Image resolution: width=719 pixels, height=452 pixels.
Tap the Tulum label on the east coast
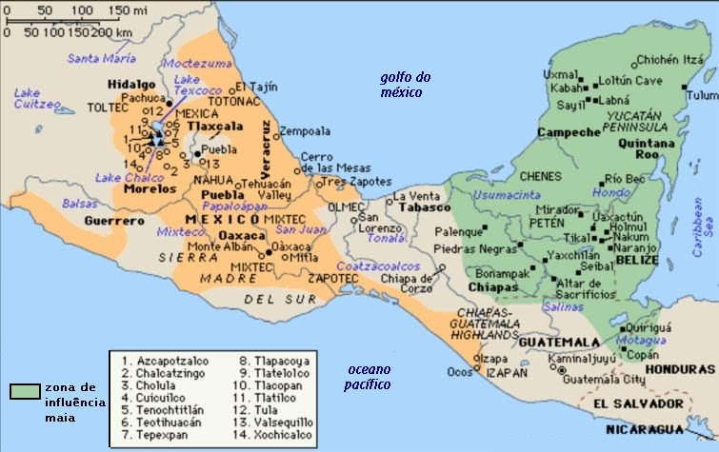[x=702, y=95]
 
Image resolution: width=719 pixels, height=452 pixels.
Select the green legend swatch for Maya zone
[x=26, y=391]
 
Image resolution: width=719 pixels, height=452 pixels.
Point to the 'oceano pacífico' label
[x=368, y=377]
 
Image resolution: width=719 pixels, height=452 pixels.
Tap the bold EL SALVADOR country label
[x=628, y=404]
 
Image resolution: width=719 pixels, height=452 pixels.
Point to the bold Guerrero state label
[x=107, y=221]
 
